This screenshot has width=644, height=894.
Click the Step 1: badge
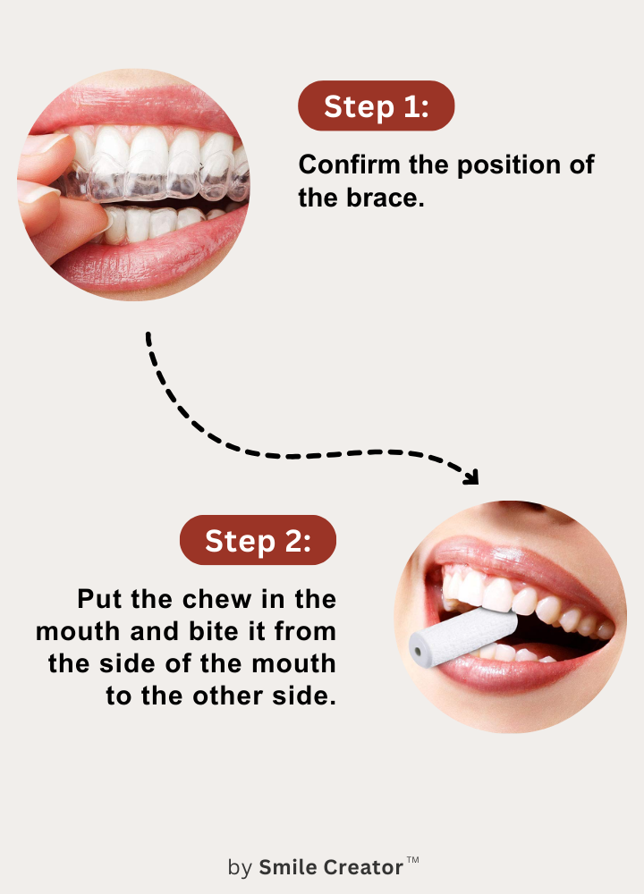click(376, 106)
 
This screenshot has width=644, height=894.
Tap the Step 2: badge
click(258, 540)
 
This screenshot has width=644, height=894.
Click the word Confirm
click(349, 164)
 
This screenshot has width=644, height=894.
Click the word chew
click(216, 599)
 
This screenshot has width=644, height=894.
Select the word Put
click(100, 599)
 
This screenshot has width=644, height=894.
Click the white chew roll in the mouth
click(462, 637)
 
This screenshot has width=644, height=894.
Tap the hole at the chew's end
click(418, 651)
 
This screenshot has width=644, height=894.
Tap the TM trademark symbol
click(413, 860)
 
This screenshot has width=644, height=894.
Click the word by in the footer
click(240, 868)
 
